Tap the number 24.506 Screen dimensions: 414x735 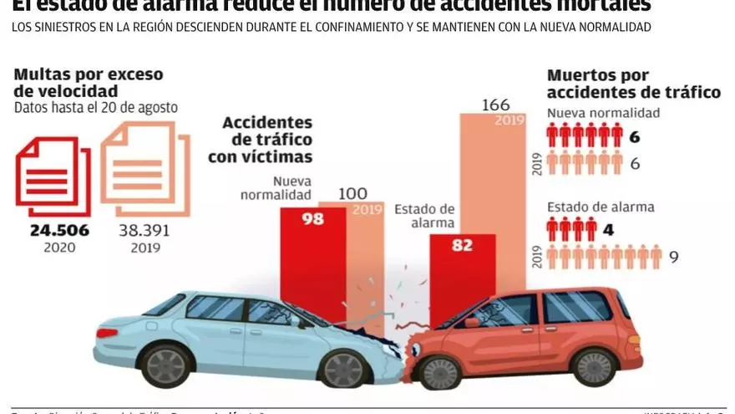tap(59, 231)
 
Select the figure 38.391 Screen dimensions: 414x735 tap(140, 231)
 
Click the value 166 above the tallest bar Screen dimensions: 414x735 tap(497, 105)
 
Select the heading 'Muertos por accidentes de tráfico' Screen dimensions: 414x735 tap(633, 84)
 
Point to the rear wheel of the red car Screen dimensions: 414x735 tap(596, 366)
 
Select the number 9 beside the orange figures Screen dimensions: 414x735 tap(673, 258)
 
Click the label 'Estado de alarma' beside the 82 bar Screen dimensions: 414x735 tap(424, 216)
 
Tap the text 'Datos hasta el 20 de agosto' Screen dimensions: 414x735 tap(95, 107)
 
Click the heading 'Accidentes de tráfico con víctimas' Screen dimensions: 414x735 tap(267, 140)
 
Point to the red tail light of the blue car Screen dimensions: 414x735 tap(106, 332)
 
